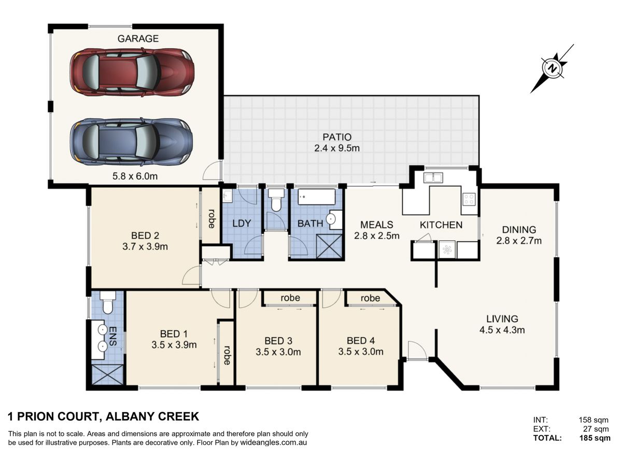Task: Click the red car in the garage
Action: click(x=132, y=72)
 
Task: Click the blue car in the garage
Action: click(x=132, y=142)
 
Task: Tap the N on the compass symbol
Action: click(x=552, y=68)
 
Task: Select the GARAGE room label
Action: click(x=138, y=38)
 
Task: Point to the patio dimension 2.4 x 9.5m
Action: click(x=337, y=148)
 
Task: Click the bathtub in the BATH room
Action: click(x=316, y=197)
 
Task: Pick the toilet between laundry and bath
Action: click(x=276, y=200)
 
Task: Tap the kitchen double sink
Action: click(x=433, y=177)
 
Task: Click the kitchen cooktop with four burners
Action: click(x=469, y=199)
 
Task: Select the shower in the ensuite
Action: click(x=107, y=375)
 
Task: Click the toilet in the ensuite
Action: click(x=108, y=303)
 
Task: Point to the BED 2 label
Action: click(x=145, y=236)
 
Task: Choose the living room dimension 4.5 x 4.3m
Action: click(x=502, y=330)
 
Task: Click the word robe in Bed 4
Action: click(x=371, y=298)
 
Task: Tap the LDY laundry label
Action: click(x=242, y=224)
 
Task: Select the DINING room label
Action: click(x=519, y=229)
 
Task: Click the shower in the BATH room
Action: click(x=329, y=246)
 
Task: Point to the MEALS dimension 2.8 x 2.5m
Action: click(x=377, y=236)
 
